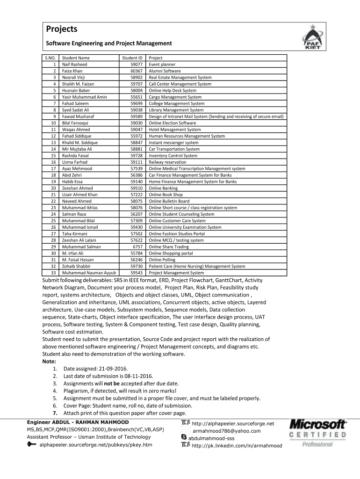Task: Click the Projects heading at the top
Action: pyautogui.click(x=62, y=29)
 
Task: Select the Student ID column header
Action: pyautogui.click(x=132, y=58)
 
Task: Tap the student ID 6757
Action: pyautogui.click(x=137, y=247)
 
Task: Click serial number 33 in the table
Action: pyautogui.click(x=53, y=273)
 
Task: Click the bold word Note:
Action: pyautogui.click(x=49, y=362)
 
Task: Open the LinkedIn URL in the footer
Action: pyautogui.click(x=237, y=445)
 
